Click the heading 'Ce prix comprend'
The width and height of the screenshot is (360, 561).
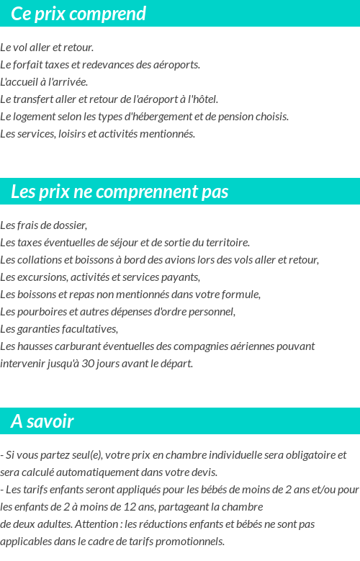[78, 14]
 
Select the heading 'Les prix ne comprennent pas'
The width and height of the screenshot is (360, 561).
[120, 192]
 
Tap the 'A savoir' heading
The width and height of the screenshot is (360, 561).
[42, 421]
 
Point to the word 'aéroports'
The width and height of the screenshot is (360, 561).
[176, 65]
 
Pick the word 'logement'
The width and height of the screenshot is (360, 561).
[33, 117]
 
